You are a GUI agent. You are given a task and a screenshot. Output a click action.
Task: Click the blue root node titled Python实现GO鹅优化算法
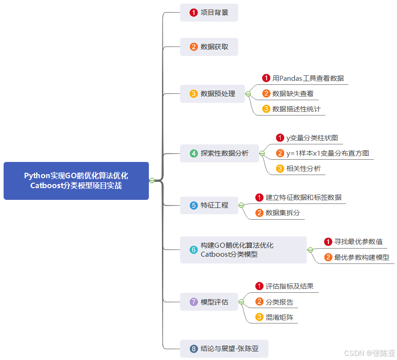76,180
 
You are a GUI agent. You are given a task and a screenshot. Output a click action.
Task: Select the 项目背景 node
209,13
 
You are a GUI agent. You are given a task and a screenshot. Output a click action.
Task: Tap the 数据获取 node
209,47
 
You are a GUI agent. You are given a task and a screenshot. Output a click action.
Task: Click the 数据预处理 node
212,94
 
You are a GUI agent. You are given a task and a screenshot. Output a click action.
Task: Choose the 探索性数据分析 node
219,153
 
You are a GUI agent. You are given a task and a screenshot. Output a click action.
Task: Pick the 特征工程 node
209,205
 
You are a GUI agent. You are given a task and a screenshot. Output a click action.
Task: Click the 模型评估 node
209,302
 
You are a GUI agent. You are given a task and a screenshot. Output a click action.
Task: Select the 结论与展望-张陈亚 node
224,349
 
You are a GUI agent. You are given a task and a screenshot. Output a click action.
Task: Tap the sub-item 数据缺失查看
293,94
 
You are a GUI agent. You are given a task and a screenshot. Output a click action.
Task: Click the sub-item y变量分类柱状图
312,138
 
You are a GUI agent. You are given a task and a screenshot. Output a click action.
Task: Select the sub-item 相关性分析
304,169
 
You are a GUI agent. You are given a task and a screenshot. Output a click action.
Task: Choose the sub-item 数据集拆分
282,213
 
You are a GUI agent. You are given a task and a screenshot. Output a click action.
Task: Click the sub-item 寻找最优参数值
358,242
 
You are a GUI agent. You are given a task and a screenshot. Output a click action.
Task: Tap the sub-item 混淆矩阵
279,317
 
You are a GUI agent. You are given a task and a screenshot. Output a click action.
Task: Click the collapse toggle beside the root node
152,180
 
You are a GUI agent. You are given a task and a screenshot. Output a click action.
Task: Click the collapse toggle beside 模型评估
241,302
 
